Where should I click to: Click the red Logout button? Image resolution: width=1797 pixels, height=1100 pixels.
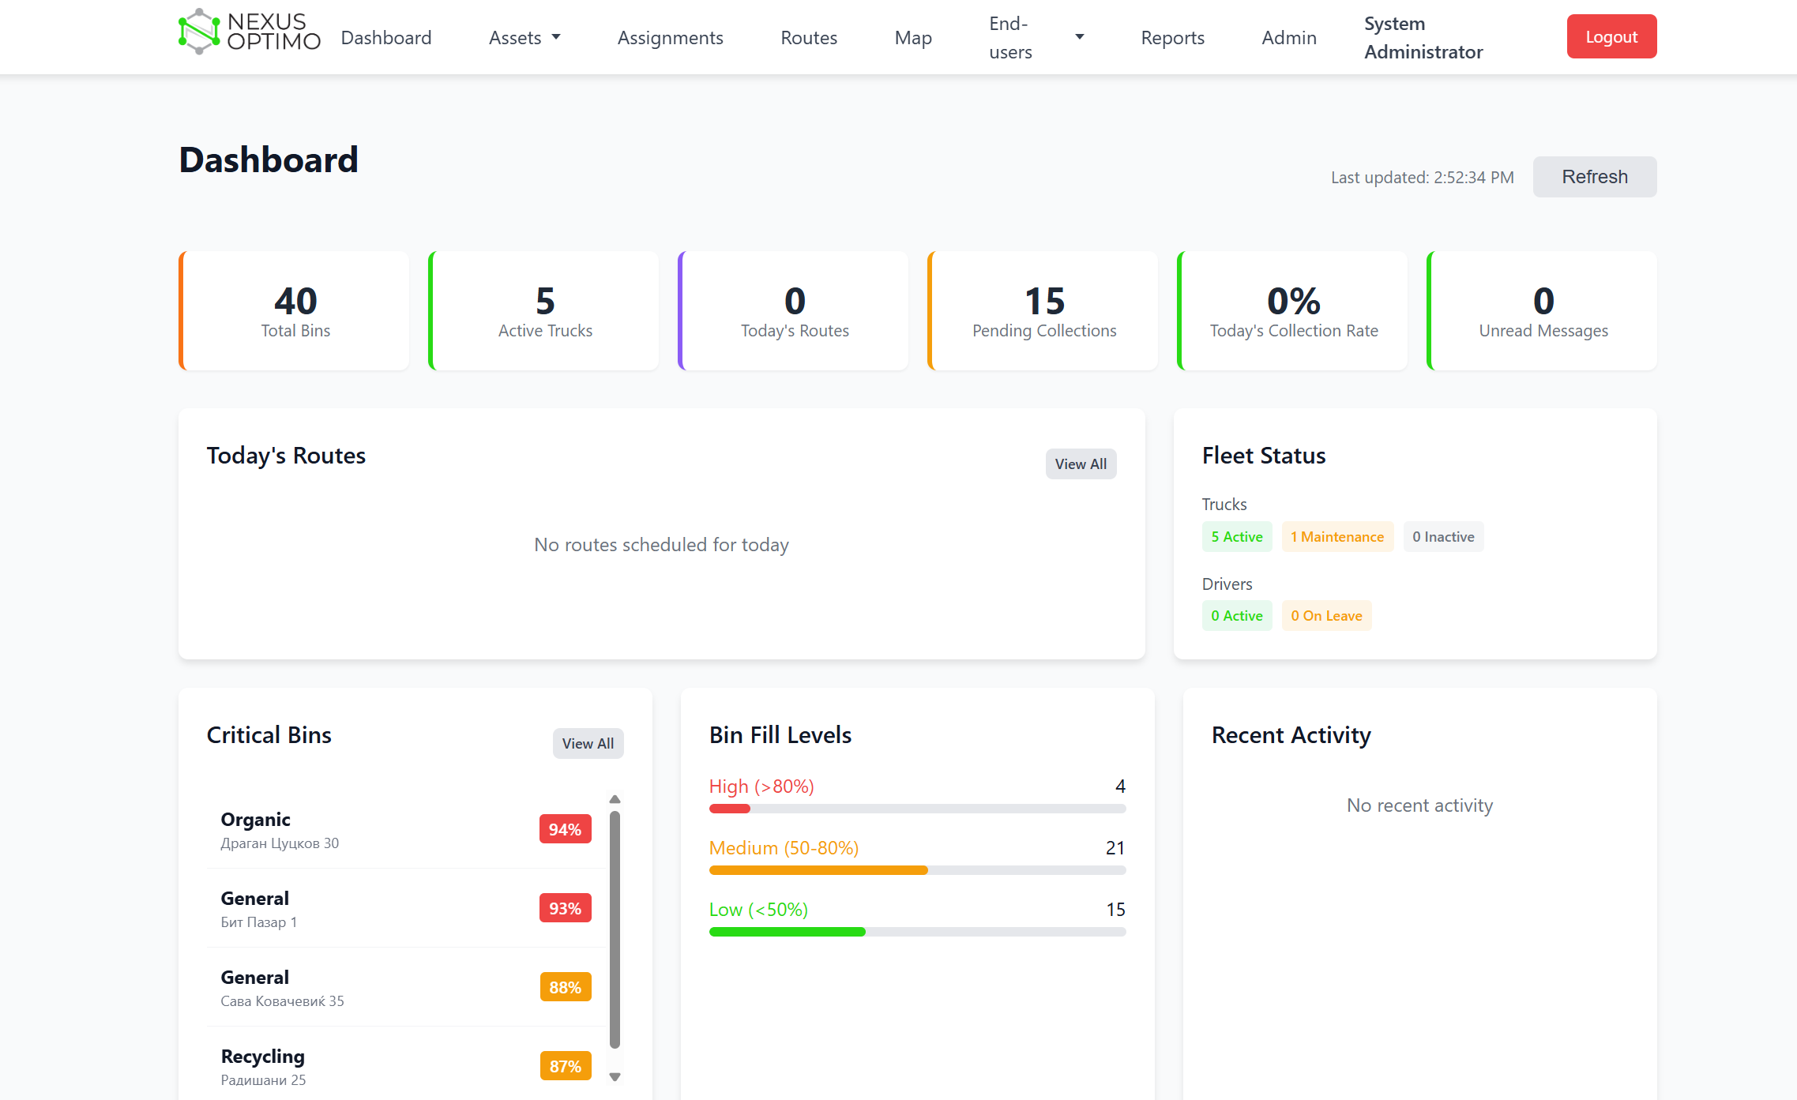tap(1611, 36)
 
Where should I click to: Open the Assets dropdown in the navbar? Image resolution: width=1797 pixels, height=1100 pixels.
tap(524, 38)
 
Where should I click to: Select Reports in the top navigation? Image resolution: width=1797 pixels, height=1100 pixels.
tap(1172, 38)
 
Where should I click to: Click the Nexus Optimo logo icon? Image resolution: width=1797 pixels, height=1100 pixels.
tap(199, 32)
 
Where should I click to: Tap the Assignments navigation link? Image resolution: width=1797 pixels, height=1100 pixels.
tap(670, 38)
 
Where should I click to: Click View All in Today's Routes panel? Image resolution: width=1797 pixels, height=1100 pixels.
tap(1080, 464)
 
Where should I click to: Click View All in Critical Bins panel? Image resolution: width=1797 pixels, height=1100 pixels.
tap(588, 744)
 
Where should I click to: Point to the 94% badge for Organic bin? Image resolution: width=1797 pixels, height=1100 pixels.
tap(565, 829)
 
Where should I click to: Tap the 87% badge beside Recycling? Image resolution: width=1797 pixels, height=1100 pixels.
tap(565, 1066)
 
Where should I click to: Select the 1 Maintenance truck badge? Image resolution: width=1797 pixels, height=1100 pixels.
tap(1336, 537)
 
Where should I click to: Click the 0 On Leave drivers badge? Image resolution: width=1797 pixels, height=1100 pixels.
tap(1325, 616)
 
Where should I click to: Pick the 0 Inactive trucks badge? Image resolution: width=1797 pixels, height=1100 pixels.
tap(1442, 537)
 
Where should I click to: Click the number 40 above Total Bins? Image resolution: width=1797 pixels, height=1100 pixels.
tap(295, 302)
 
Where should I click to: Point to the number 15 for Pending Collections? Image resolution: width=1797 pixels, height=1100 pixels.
tap(1043, 302)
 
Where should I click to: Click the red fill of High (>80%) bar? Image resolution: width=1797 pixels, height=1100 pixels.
tap(729, 809)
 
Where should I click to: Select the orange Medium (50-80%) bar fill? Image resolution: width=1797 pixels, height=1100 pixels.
tap(818, 870)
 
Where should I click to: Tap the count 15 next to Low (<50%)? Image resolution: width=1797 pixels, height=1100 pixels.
tap(1115, 910)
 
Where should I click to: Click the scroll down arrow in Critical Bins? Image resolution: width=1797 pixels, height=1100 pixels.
tap(615, 1077)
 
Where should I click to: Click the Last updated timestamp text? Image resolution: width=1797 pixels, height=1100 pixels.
tap(1422, 178)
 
